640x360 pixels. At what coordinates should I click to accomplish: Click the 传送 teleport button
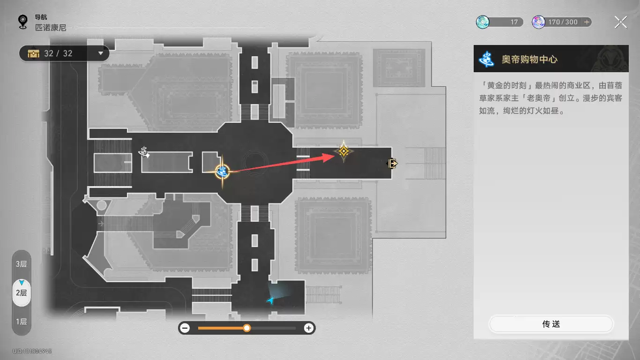point(551,324)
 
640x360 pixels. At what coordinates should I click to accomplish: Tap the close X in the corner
point(621,22)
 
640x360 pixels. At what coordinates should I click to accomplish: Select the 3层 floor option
point(22,264)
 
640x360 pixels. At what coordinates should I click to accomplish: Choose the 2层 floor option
point(22,293)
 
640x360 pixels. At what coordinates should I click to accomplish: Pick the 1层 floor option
point(22,322)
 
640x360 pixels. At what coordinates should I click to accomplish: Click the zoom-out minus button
point(185,328)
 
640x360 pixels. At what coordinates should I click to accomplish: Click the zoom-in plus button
point(309,328)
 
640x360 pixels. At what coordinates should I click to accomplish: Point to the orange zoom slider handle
point(247,328)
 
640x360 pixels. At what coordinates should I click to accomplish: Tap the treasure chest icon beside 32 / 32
point(33,53)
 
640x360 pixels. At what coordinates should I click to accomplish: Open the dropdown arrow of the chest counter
point(101,53)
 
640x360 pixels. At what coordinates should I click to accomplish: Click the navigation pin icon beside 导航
point(23,22)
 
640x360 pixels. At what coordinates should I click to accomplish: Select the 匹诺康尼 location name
point(51,28)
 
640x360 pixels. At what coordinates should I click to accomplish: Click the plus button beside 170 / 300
point(587,22)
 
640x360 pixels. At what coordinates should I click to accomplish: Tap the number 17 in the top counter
point(514,22)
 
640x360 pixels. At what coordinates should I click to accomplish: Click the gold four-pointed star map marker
point(343,151)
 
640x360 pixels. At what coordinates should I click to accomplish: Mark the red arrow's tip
point(334,155)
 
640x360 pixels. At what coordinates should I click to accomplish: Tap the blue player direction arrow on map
point(270,300)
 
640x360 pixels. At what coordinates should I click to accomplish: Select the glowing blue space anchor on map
point(222,172)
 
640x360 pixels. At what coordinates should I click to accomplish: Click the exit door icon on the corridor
point(392,164)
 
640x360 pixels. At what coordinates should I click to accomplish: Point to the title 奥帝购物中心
point(529,59)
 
